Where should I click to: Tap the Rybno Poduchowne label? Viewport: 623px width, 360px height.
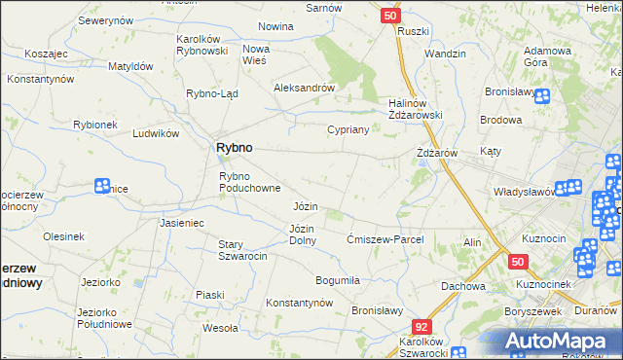(x=249, y=182)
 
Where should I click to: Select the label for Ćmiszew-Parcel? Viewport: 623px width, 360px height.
(x=384, y=239)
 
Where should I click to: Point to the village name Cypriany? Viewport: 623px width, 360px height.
(x=348, y=128)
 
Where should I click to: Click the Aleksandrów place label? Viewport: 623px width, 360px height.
(x=304, y=87)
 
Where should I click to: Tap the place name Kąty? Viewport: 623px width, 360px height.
(x=491, y=153)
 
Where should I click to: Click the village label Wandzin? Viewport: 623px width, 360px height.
(x=445, y=54)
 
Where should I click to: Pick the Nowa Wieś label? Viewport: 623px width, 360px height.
(x=256, y=54)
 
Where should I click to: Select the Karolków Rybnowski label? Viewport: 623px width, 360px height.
(x=202, y=45)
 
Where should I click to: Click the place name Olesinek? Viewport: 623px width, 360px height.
(x=63, y=235)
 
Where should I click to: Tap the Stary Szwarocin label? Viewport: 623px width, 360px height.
(x=243, y=250)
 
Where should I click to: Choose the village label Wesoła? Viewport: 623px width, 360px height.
(x=219, y=328)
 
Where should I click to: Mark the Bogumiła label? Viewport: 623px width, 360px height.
(x=338, y=280)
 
